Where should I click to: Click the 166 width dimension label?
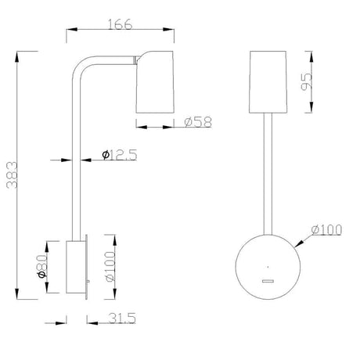121,24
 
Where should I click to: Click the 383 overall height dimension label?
12,175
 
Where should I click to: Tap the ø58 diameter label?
198,122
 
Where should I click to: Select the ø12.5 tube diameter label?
120,155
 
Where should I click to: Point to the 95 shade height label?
306,81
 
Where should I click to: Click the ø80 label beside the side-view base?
42,266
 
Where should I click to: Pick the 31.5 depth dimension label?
122,319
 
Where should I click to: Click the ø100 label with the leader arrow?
326,230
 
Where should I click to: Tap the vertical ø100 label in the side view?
110,267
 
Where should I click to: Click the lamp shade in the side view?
155,82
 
